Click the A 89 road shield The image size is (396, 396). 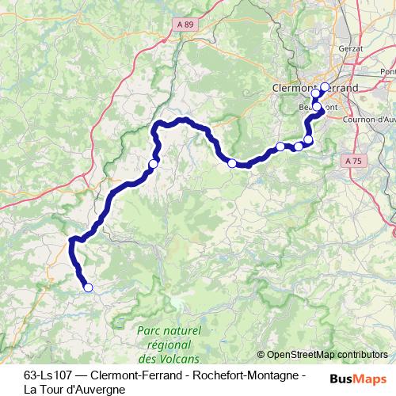pos(185,25)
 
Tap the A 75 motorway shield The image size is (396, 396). pos(354,160)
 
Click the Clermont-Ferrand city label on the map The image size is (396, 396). pos(314,87)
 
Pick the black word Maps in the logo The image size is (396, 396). pos(371,378)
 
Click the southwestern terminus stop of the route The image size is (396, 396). pos(88,287)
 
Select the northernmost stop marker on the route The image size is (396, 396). pos(325,87)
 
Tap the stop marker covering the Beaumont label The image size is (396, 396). pos(317,106)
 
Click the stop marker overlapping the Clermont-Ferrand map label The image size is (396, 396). pos(316,94)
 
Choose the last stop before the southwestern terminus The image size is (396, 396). pos(153,163)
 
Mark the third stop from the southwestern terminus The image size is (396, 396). pos(232,163)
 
